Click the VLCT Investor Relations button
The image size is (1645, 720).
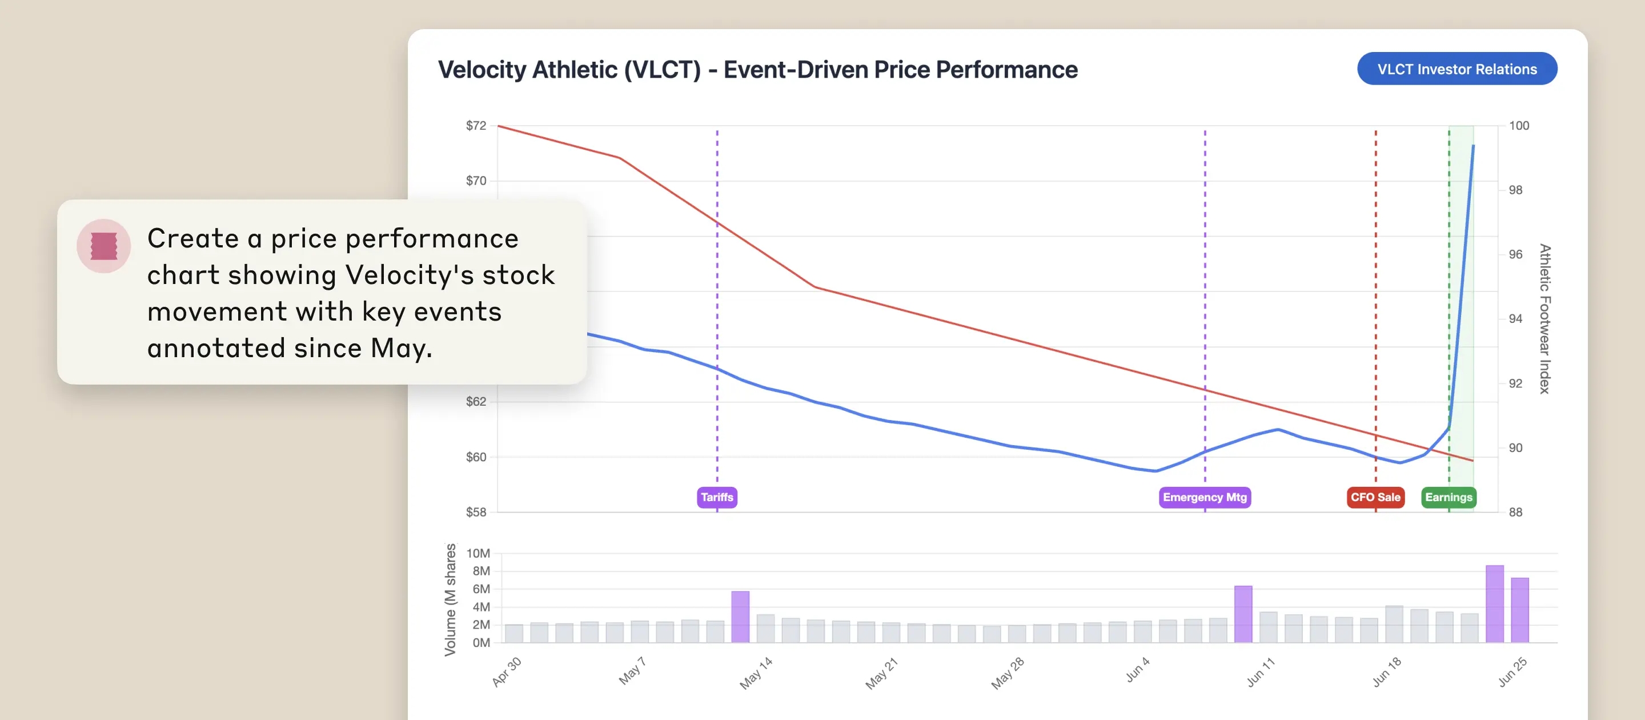point(1457,69)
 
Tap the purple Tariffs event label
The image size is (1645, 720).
point(716,497)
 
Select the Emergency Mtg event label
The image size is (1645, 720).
point(1205,497)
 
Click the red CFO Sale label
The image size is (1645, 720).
point(1375,497)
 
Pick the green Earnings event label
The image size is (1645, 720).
point(1449,497)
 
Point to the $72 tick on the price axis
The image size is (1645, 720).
point(476,126)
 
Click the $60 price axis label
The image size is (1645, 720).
point(476,457)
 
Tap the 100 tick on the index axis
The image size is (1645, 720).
point(1519,126)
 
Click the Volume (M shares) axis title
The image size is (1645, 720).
point(450,599)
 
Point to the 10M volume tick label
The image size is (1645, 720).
point(478,553)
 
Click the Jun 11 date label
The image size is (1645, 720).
point(1261,672)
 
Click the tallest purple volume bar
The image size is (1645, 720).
point(1494,604)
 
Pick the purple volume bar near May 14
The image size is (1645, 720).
point(740,617)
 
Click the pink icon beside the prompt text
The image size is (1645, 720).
point(103,246)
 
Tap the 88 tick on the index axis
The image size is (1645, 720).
point(1515,513)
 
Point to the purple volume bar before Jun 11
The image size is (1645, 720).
point(1243,614)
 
